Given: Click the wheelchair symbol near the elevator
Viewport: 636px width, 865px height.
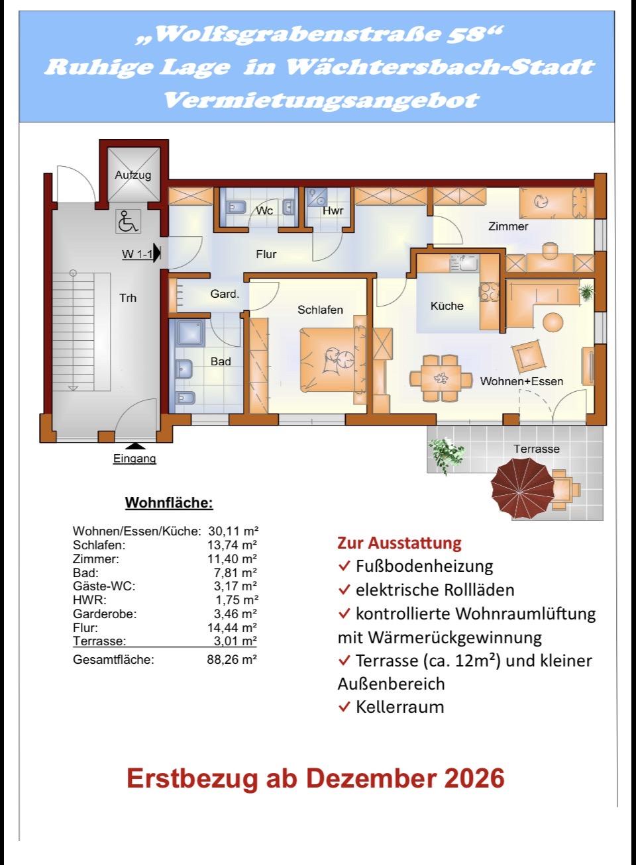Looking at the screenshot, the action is pyautogui.click(x=129, y=222).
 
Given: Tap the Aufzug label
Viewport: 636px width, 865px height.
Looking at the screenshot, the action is pyautogui.click(x=132, y=175).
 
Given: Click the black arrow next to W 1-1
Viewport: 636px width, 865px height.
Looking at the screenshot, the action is pyautogui.click(x=157, y=253).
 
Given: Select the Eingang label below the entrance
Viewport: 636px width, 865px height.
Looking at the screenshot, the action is pyautogui.click(x=134, y=459).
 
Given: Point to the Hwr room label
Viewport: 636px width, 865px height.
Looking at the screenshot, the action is pyautogui.click(x=333, y=211).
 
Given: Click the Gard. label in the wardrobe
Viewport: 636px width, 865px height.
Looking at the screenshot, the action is pyautogui.click(x=225, y=294).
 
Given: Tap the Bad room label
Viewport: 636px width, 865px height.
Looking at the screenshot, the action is pyautogui.click(x=221, y=361).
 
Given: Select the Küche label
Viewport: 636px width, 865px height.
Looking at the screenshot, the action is pyautogui.click(x=447, y=306).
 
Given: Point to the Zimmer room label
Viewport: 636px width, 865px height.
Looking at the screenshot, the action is pyautogui.click(x=508, y=226).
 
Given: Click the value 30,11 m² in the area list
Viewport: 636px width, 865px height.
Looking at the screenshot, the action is pyautogui.click(x=233, y=531).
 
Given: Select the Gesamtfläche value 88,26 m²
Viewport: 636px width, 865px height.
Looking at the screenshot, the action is pyautogui.click(x=232, y=659).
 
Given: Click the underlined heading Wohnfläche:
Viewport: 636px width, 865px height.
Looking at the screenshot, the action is pyautogui.click(x=170, y=503).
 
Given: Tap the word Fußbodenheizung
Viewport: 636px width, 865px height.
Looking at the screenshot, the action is pyautogui.click(x=425, y=566).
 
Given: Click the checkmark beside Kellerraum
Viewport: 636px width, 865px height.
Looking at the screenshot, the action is pyautogui.click(x=344, y=707).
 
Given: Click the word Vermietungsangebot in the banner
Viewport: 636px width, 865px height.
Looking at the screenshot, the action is pyautogui.click(x=322, y=100).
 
